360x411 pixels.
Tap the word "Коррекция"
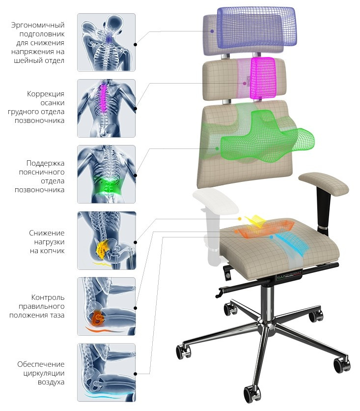click(x=47, y=94)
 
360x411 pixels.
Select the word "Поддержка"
click(x=45, y=163)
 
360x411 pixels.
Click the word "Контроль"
click(x=48, y=297)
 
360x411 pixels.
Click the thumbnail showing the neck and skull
click(x=106, y=42)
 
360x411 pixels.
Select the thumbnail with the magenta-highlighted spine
click(x=106, y=108)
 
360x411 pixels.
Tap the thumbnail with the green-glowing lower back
click(x=106, y=174)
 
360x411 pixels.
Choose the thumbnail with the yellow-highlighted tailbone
click(x=106, y=240)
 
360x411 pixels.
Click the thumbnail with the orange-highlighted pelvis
click(x=106, y=306)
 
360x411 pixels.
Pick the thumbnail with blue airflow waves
click(x=106, y=372)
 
